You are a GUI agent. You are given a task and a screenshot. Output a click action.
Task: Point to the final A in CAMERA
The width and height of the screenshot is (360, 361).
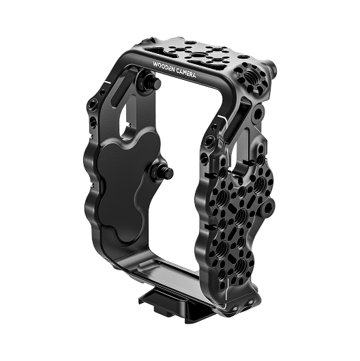193,74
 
